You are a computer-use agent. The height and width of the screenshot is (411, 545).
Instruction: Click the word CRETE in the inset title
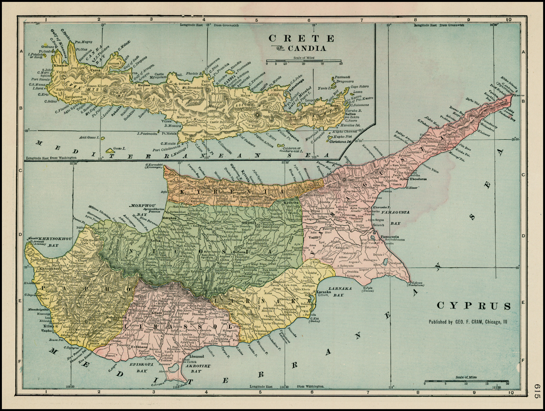click(x=301, y=38)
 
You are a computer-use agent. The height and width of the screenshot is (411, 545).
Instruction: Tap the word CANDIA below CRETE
click(x=307, y=48)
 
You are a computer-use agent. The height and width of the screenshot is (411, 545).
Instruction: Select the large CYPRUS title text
click(x=474, y=306)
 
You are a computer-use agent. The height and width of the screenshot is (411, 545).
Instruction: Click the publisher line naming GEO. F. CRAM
click(x=468, y=322)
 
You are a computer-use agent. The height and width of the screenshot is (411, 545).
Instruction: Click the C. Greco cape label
click(x=417, y=283)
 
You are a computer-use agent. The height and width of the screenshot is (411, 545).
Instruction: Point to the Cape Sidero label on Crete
click(x=359, y=87)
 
